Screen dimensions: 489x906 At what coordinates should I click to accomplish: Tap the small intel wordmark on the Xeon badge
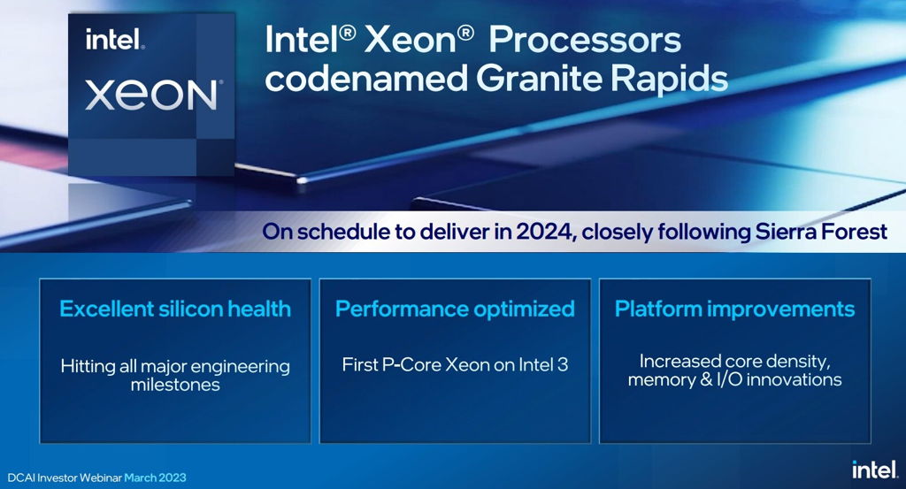(x=115, y=40)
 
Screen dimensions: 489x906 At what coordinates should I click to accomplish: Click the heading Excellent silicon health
(x=175, y=309)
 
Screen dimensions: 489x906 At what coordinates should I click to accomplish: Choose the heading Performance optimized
(x=455, y=309)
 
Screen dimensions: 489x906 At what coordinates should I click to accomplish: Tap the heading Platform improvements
(x=734, y=309)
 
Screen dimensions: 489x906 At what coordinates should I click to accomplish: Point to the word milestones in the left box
(x=175, y=386)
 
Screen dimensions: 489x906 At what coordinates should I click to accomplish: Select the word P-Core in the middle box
(x=411, y=363)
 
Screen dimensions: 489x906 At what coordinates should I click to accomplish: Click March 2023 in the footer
(x=155, y=478)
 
